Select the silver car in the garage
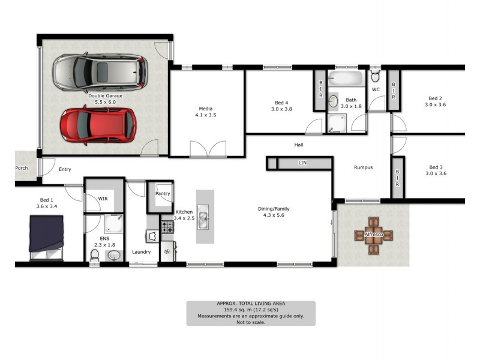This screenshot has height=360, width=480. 100,71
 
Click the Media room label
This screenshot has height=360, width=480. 206,109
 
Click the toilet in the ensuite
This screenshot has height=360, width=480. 94,256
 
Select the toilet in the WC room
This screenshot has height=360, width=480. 376,76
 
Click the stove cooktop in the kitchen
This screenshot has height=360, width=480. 167,227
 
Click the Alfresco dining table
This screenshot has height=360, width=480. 373,234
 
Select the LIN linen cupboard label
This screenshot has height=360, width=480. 302,163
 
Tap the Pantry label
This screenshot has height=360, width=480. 162,194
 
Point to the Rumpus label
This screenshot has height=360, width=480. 363,167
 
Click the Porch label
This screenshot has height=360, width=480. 22,169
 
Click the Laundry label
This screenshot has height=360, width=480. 141,252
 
